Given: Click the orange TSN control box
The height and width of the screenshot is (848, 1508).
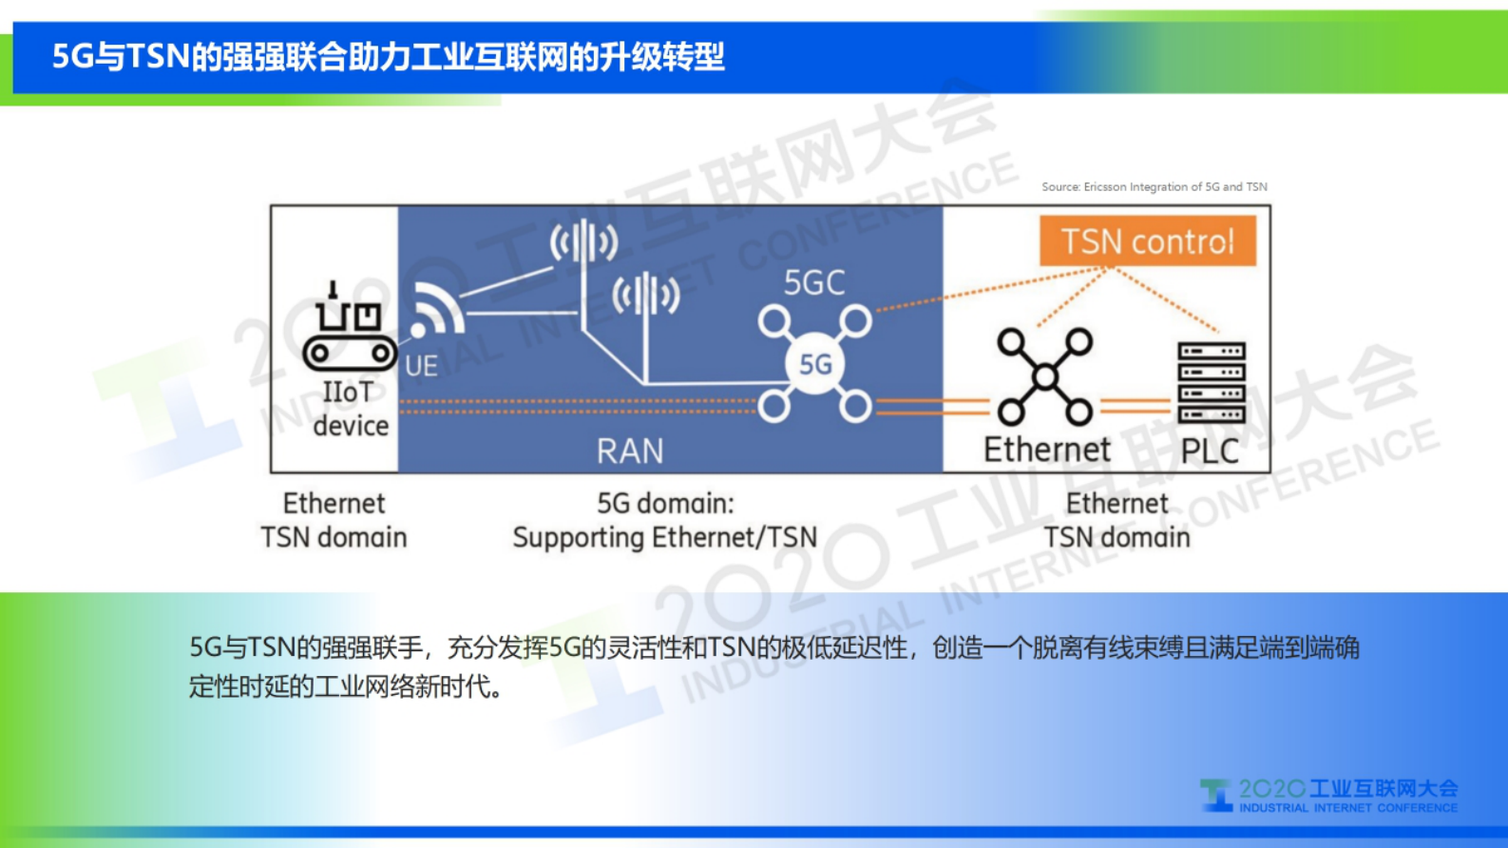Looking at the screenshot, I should (1147, 241).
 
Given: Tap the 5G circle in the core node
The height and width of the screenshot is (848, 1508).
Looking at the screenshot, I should (815, 364).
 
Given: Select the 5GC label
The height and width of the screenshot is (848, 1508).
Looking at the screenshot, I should (814, 282).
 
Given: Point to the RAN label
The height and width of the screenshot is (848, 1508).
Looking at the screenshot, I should (629, 451).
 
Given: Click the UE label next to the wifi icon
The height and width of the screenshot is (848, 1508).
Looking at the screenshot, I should (421, 366).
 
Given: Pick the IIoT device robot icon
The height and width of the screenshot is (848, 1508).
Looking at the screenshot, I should (349, 329).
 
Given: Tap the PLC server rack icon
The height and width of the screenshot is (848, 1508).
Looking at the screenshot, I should (1212, 382).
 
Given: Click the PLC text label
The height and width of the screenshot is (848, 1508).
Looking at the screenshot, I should (1210, 451).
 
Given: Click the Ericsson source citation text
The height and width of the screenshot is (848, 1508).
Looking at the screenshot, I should (1154, 187).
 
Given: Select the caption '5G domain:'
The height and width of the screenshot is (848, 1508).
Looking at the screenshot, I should (665, 503).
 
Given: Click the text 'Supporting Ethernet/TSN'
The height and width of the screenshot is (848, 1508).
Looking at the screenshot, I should (664, 538).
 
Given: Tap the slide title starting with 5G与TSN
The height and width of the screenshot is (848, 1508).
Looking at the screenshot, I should (388, 57).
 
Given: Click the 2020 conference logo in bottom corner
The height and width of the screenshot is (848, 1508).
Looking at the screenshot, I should (1328, 796).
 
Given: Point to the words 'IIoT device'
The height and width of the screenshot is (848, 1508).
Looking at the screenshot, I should (350, 409).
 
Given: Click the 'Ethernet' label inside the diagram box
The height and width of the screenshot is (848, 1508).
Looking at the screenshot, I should (1046, 450).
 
